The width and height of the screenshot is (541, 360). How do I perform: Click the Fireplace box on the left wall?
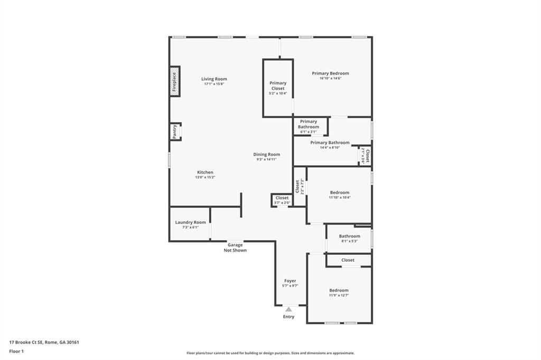(175, 81)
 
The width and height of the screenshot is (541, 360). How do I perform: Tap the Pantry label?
(175, 132)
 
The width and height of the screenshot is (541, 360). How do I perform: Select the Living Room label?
(214, 79)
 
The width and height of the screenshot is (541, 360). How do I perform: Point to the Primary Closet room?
(278, 88)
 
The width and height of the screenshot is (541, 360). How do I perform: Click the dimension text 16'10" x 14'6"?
(330, 79)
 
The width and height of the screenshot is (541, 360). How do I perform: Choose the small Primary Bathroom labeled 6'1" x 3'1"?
(309, 127)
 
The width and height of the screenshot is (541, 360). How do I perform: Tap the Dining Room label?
(266, 155)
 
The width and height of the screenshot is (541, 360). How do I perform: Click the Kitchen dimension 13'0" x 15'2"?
(205, 177)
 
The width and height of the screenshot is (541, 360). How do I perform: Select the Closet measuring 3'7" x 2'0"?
(282, 200)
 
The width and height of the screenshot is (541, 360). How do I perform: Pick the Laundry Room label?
(190, 222)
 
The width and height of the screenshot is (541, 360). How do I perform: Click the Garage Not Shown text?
(235, 248)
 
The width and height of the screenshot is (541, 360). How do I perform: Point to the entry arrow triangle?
(288, 309)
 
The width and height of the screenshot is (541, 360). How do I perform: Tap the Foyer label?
(290, 281)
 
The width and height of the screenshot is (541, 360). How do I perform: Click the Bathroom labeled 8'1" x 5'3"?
(349, 238)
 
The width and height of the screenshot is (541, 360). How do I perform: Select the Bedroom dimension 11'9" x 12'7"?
(339, 296)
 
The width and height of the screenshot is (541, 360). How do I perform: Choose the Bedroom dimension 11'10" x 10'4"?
(339, 198)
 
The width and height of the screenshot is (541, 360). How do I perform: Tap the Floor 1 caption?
(17, 350)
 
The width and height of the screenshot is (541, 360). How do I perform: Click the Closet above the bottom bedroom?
(348, 260)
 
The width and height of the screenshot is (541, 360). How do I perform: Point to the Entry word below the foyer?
(288, 317)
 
